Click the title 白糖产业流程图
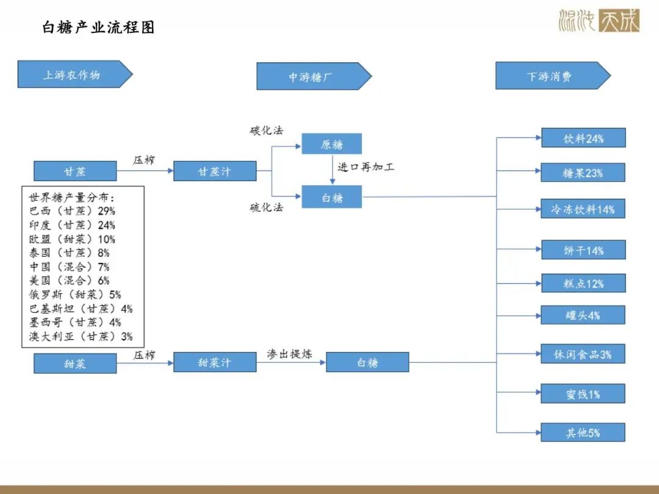99,27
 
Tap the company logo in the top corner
599,20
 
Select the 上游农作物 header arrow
75,74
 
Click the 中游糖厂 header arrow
314,76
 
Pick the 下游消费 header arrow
553,76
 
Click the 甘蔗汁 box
215,171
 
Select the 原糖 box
331,144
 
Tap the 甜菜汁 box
215,362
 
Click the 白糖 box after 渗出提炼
367,362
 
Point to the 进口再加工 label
366,167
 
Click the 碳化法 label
267,131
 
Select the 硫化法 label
267,207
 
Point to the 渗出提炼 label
290,354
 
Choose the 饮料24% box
583,138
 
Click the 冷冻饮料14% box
583,209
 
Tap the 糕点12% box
583,283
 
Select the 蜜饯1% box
583,393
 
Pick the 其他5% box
583,432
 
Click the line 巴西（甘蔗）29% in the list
72,211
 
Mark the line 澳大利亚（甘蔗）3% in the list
81,336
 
